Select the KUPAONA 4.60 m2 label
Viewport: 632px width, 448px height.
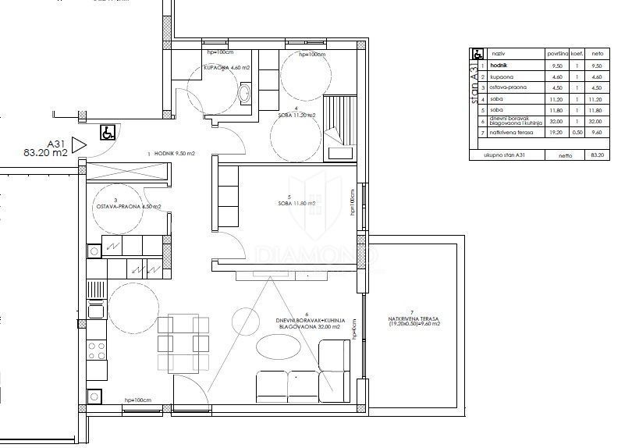tap(226, 69)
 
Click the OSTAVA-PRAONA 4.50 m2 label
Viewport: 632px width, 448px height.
tap(128, 207)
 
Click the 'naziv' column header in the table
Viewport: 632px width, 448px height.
tap(498, 55)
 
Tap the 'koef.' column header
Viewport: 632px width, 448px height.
tap(578, 55)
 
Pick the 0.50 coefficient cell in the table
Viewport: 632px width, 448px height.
tap(578, 133)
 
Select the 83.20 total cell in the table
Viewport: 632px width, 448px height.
tap(598, 155)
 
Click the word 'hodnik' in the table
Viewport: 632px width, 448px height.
tap(501, 66)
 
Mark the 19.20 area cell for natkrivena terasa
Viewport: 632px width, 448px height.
tap(556, 133)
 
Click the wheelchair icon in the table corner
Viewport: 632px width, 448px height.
tap(478, 55)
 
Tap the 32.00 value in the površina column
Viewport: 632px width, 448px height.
tap(556, 122)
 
